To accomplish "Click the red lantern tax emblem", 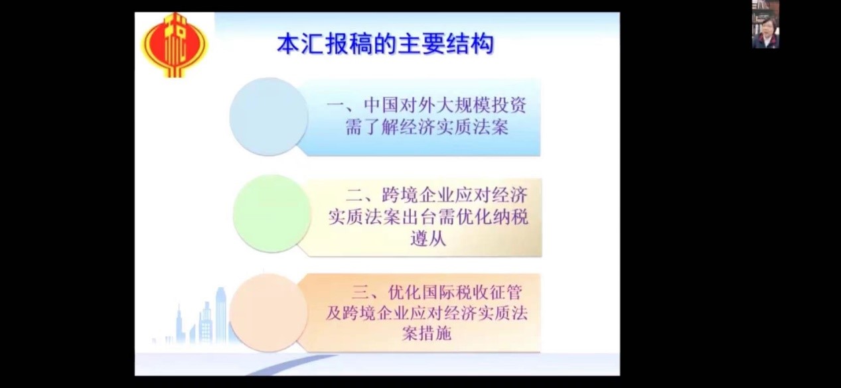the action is [x=174, y=44].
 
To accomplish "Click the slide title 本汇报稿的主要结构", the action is [x=385, y=44].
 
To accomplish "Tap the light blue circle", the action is [x=269, y=117].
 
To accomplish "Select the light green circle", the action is [x=272, y=214].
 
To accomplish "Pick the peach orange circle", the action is [x=269, y=313].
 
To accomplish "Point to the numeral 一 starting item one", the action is [x=336, y=105].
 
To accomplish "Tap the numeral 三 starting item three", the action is [x=361, y=292].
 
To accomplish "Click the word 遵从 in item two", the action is [x=428, y=239].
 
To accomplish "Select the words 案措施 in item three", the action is [x=427, y=332].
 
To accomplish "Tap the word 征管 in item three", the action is [x=504, y=292].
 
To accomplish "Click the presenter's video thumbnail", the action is [x=765, y=24].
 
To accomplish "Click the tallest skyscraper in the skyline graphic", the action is [x=220, y=314].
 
